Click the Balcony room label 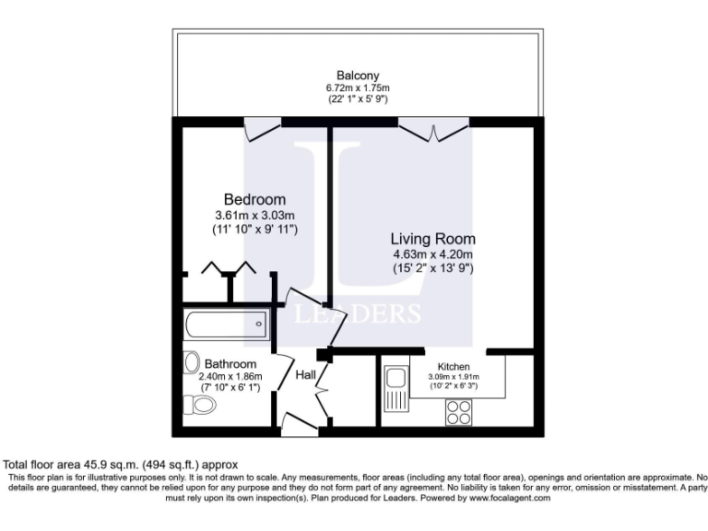coord(359,76)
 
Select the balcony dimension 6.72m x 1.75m coord(359,88)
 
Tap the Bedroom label coord(254,199)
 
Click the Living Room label coord(431,238)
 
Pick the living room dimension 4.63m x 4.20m coord(431,254)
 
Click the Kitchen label coord(454,366)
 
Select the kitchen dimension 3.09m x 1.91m coord(454,377)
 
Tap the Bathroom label coord(230,364)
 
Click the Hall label coord(306,375)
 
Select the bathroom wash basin coord(191,360)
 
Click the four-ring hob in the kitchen coord(458,415)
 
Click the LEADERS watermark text coord(358,314)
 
